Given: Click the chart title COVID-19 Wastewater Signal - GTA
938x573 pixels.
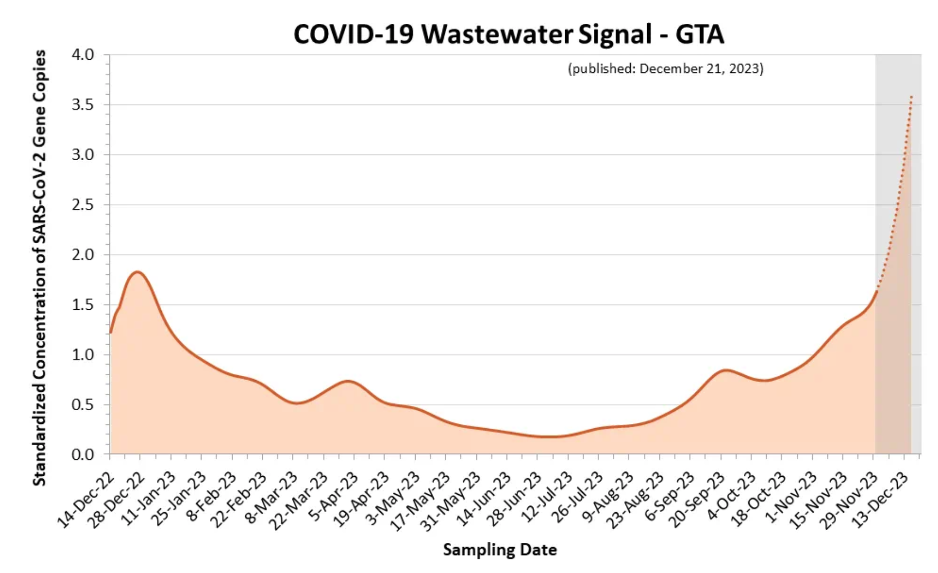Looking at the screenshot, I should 508,34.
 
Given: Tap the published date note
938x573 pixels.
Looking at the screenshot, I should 665,69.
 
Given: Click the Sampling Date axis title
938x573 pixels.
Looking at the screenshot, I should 500,550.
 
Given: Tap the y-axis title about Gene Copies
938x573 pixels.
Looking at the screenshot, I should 40,267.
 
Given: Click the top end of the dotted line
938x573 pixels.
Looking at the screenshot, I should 911,96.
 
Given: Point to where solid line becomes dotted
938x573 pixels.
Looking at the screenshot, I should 877,291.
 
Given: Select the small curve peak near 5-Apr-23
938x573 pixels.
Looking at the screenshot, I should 348,381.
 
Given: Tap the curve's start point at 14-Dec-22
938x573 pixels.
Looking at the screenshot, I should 111,332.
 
